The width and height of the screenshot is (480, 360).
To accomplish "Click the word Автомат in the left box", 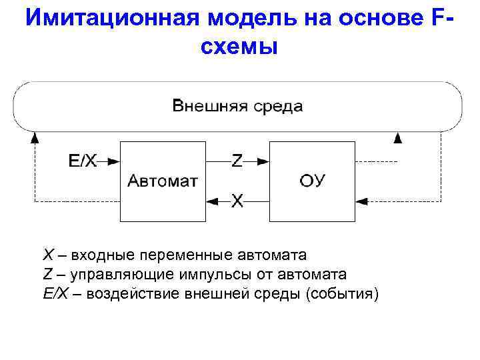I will [162, 181].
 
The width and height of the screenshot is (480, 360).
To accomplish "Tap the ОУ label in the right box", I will [311, 181].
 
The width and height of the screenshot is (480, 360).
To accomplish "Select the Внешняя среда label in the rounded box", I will [237, 106].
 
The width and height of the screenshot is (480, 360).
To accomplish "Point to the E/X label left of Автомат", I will [83, 161].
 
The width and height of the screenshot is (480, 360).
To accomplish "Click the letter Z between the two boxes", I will [237, 161].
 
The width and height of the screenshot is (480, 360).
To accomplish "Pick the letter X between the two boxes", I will [237, 200].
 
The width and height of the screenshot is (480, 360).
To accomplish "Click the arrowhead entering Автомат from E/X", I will [115, 161].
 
